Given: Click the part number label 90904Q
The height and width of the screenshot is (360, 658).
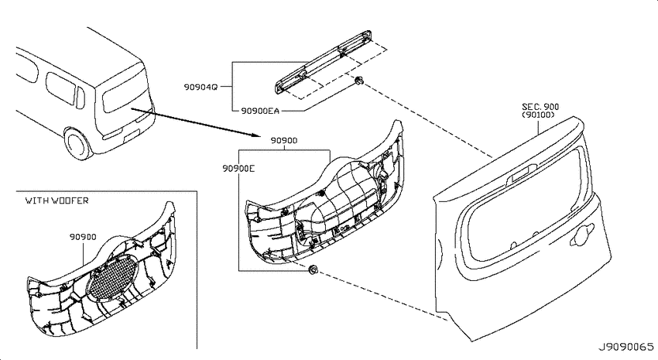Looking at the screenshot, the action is [x=200, y=87].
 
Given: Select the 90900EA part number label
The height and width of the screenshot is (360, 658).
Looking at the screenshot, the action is [x=260, y=111].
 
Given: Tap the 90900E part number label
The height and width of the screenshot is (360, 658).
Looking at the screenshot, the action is [x=238, y=169].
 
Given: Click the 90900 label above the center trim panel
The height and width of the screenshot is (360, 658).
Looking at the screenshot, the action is [x=283, y=141].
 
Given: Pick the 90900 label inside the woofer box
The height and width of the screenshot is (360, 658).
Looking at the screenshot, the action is [x=83, y=237].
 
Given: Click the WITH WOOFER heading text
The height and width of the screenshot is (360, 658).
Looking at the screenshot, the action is [x=57, y=201].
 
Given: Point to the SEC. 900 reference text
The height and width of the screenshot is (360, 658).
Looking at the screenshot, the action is [x=540, y=107].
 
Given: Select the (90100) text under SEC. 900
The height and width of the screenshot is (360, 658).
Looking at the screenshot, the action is [x=539, y=115].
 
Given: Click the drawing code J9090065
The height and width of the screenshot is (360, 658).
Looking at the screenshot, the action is [x=625, y=348].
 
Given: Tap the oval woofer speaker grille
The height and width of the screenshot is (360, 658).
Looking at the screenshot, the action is [x=112, y=279].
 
